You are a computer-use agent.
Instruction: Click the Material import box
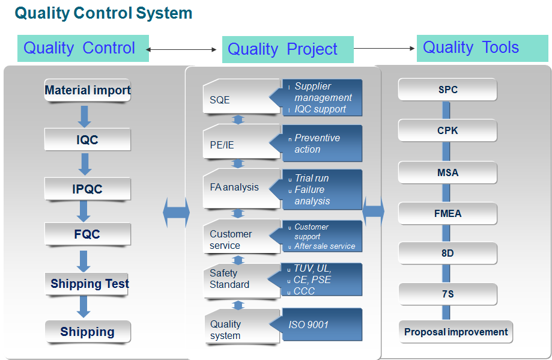pos(87,90)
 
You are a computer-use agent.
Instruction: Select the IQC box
pos(87,139)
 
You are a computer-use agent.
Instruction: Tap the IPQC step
pos(87,189)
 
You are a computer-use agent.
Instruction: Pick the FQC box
pos(87,234)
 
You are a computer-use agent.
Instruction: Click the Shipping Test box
pos(87,284)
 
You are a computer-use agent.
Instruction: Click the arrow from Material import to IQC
pos(85,117)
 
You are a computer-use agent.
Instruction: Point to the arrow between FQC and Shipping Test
pos(83,261)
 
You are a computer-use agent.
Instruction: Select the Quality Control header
pos(83,48)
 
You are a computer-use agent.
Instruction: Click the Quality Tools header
pos(482,48)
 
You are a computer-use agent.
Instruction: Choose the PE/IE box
pos(241,142)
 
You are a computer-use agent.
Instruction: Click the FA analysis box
pos(241,189)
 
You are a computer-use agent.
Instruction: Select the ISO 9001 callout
pos(316,325)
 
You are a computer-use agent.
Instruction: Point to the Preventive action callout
pos(316,144)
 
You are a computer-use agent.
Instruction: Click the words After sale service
pos(324,246)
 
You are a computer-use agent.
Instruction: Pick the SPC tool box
pos(447,90)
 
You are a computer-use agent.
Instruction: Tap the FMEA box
pos(447,213)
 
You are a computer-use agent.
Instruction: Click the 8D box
pos(447,253)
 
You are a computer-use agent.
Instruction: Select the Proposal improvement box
pos(456,332)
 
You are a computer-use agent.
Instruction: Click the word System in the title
pos(164,13)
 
